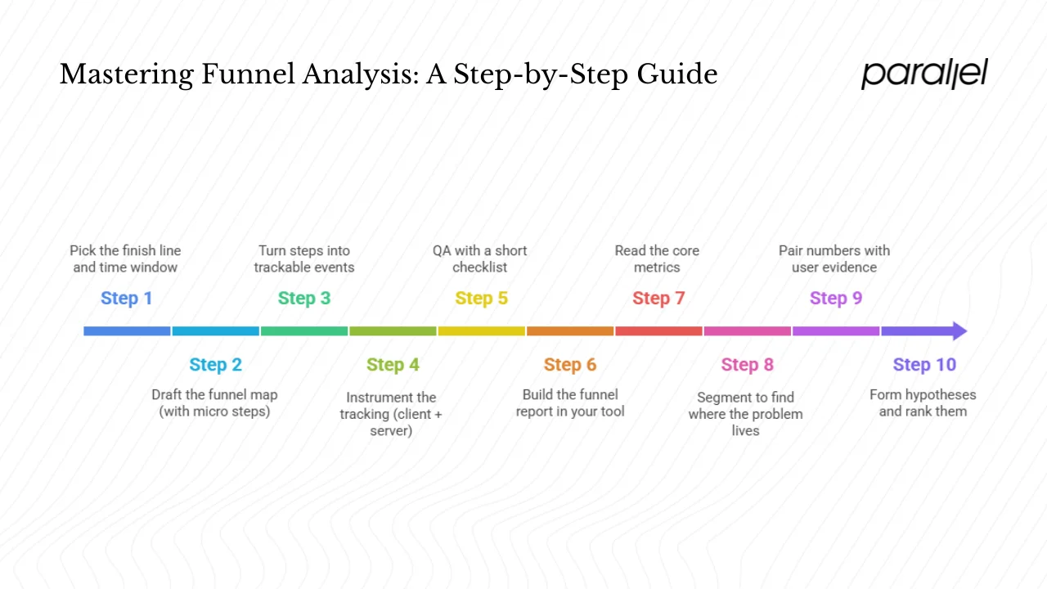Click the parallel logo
click(x=924, y=74)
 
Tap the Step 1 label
click(x=126, y=299)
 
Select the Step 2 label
click(x=215, y=365)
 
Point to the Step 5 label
click(x=481, y=299)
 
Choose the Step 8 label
click(x=747, y=365)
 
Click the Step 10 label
click(x=923, y=365)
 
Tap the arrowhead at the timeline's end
click(x=957, y=331)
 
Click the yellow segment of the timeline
click(x=481, y=331)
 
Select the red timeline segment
click(x=658, y=331)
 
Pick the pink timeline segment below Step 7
click(x=747, y=331)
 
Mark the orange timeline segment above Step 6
click(x=570, y=331)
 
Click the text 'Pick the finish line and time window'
click(x=125, y=259)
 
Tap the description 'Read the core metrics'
click(x=657, y=259)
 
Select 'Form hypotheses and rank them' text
click(x=923, y=403)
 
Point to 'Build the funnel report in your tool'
click(x=570, y=403)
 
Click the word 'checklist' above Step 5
click(x=480, y=268)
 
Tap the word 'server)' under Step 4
click(x=391, y=431)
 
